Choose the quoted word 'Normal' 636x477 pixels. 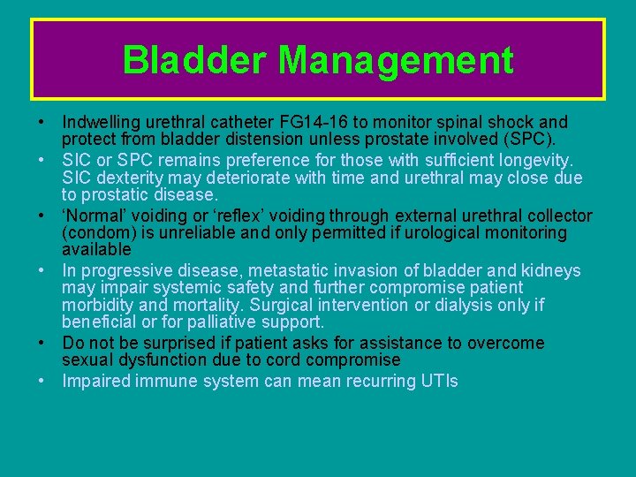click(x=95, y=215)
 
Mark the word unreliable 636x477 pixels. click(x=230, y=233)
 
